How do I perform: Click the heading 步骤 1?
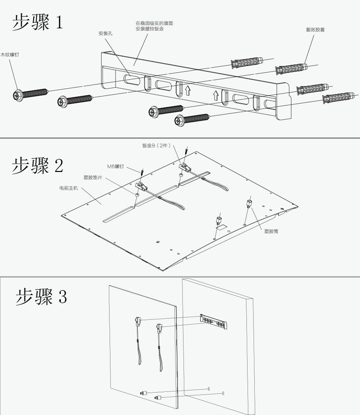[37, 22]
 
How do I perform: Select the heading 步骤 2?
[37, 166]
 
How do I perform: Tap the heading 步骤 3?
[41, 296]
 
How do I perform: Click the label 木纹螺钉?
[10, 55]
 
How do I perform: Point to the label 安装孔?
[105, 34]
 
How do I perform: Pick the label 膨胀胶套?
[315, 30]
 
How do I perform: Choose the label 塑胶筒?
[271, 231]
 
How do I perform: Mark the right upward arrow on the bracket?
[216, 95]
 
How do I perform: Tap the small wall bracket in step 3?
[213, 321]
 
